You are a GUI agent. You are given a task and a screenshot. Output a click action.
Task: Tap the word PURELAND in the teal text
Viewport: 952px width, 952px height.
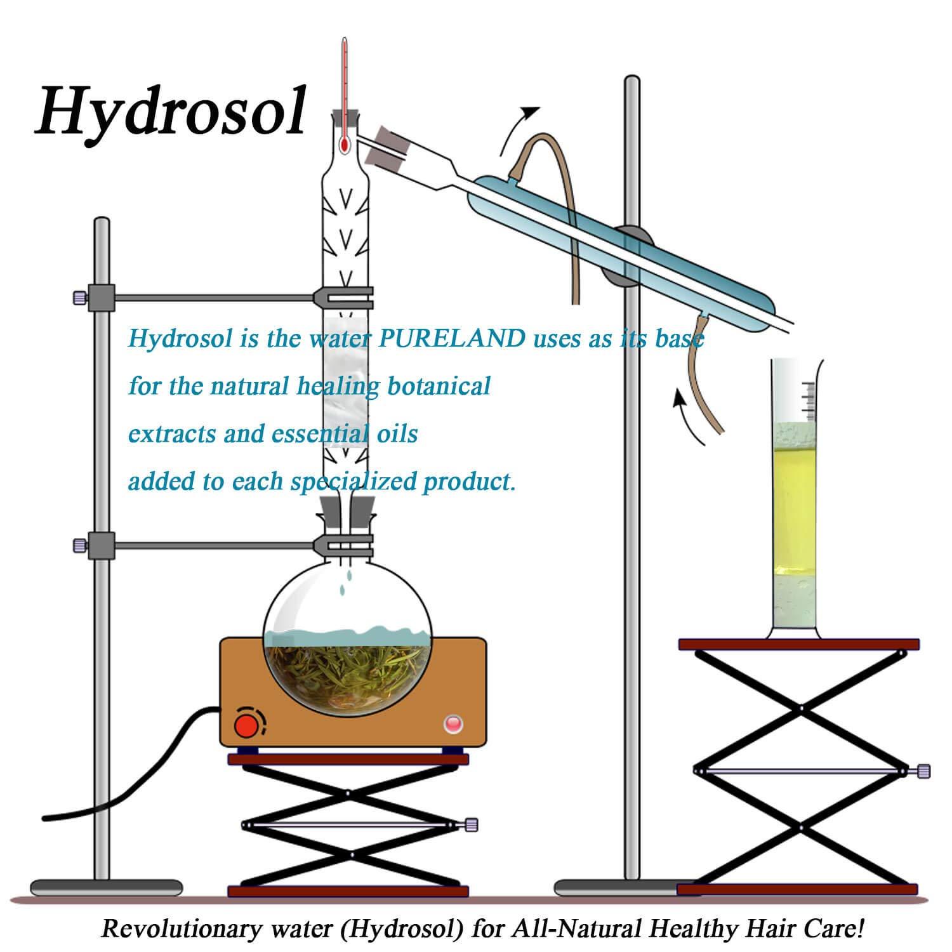click(451, 338)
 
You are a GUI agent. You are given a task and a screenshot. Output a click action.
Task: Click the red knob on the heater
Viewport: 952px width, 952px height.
click(245, 724)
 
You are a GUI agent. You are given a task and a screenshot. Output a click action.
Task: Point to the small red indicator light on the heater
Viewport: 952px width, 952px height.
click(453, 723)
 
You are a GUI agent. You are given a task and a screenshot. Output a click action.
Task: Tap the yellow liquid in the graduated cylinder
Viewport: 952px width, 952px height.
click(794, 501)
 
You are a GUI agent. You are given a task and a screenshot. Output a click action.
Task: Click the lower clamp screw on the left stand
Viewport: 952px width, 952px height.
click(79, 545)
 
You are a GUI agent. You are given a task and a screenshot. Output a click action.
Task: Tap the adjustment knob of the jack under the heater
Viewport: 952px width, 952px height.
click(471, 825)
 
